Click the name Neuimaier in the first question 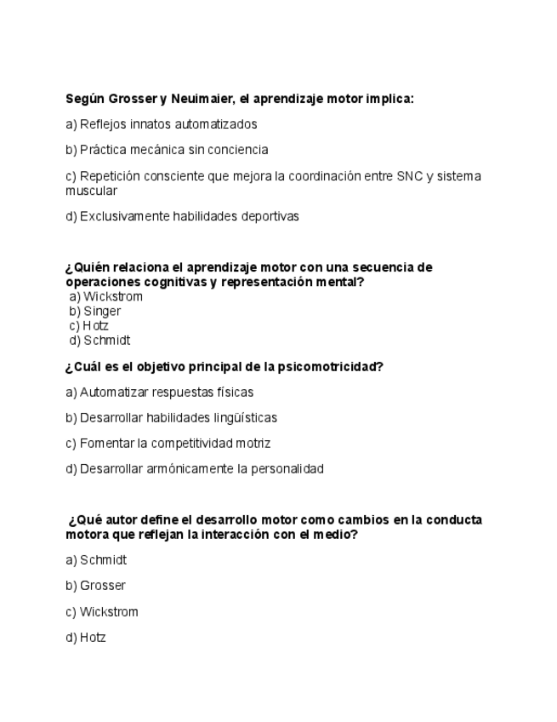(x=197, y=99)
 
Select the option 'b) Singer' (x=95, y=311)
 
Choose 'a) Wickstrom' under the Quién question (x=105, y=296)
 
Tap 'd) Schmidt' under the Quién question (x=99, y=340)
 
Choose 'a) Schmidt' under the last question (x=96, y=560)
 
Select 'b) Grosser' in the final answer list (x=95, y=586)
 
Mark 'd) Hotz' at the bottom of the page (x=86, y=637)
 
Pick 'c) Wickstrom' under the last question (x=101, y=611)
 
